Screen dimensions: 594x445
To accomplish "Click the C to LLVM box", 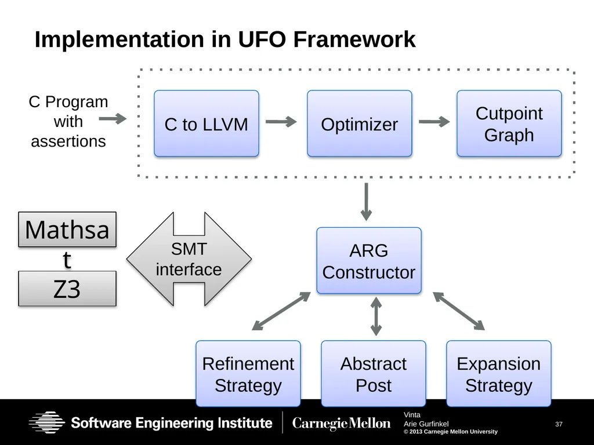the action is pyautogui.click(x=207, y=123).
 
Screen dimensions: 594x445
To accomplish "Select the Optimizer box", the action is pyautogui.click(x=360, y=123).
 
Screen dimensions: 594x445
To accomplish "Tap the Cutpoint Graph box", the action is pyautogui.click(x=509, y=123).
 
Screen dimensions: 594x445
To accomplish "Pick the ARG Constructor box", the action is pyautogui.click(x=369, y=260).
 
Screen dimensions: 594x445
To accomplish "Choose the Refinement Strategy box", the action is pyautogui.click(x=248, y=374).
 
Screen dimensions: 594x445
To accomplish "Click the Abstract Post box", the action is pyautogui.click(x=374, y=374).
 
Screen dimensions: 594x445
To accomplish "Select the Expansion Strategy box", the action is pyautogui.click(x=499, y=374).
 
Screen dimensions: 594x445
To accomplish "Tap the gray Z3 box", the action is pyautogui.click(x=67, y=289).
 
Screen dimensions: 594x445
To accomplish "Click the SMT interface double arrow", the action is pyautogui.click(x=189, y=259).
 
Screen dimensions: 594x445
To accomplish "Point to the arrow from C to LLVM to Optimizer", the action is pyautogui.click(x=281, y=122).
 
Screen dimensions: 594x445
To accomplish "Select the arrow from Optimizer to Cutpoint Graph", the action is pyautogui.click(x=434, y=122).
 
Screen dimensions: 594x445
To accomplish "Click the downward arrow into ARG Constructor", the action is pyautogui.click(x=367, y=202).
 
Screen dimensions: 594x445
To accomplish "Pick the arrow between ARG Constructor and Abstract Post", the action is pyautogui.click(x=376, y=316).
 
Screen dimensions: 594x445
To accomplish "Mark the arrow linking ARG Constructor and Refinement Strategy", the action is pyautogui.click(x=281, y=311).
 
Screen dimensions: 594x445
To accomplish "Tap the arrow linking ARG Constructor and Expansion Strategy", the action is pyautogui.click(x=459, y=311).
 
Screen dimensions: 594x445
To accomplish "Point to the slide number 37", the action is pyautogui.click(x=559, y=424).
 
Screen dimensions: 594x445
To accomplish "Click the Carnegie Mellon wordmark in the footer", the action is pyautogui.click(x=341, y=423).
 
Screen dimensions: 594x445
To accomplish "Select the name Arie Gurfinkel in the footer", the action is pyautogui.click(x=426, y=424).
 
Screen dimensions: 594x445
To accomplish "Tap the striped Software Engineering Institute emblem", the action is pyautogui.click(x=47, y=422).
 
